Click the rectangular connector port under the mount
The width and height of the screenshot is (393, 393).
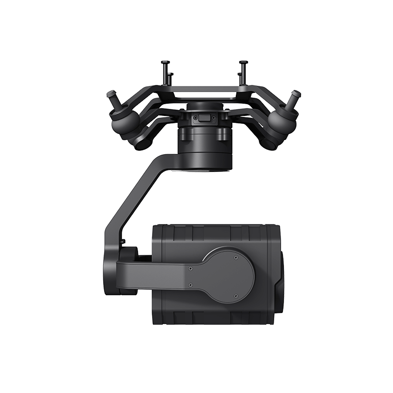pos(204,118)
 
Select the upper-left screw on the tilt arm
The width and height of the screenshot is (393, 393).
pos(190,268)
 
